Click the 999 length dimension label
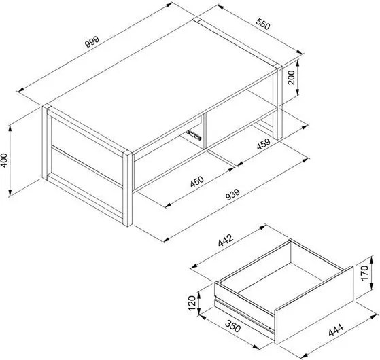pos(92,41)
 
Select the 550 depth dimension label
pos(263,24)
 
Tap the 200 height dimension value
pos(291,77)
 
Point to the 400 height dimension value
pos(4,160)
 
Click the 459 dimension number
pos(264,144)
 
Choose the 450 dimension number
pos(196,181)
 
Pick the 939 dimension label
pos(232,194)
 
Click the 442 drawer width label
pos(226,240)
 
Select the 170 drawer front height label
pos(364,273)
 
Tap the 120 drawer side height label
pos(192,303)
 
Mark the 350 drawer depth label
pos(233,326)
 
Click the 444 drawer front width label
pos(336,329)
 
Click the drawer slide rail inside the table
pos(194,135)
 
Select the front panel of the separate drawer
pos(314,305)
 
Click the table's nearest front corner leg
pos(128,189)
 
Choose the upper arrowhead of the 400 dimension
pos(10,128)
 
